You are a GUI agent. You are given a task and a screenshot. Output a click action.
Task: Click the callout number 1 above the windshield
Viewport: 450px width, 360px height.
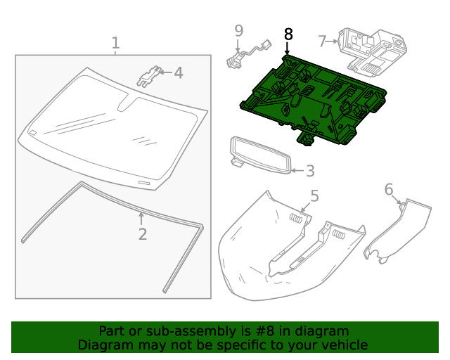coord(115,44)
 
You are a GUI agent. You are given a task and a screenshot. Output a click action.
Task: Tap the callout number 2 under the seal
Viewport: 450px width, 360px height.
coord(143,234)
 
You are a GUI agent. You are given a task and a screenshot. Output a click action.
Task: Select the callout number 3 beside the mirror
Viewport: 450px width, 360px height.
coord(309,171)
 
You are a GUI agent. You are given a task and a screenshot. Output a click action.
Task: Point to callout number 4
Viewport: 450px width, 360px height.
coord(178,72)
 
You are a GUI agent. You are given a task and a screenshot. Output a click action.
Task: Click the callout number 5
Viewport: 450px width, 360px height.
coord(314,196)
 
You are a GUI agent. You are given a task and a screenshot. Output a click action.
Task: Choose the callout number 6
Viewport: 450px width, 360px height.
coord(389,189)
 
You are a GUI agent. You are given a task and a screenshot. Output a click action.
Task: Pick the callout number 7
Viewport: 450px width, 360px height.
coord(322,41)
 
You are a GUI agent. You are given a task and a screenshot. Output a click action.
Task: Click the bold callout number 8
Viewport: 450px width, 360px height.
coord(288,34)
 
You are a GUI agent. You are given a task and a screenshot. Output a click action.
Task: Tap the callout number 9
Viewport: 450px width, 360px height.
coord(239,30)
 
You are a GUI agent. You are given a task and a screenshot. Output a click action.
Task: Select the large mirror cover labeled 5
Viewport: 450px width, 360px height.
coord(281,246)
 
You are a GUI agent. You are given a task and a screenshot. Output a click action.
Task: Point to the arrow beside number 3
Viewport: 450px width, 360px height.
coord(296,170)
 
